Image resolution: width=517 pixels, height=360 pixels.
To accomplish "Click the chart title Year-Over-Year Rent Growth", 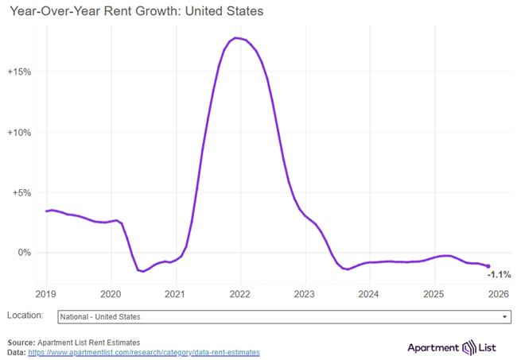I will (136, 12).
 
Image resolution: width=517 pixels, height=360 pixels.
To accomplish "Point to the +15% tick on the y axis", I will (19, 72).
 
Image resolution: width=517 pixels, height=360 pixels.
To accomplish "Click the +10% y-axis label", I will (19, 132).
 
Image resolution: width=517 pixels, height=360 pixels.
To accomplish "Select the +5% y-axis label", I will (21, 192).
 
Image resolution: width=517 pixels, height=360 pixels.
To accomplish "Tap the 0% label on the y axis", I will (24, 253).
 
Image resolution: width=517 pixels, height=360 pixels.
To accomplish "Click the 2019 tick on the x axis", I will (46, 293).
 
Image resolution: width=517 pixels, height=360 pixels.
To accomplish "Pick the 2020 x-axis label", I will (111, 293).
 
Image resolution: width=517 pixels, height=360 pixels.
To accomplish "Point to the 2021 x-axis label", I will (175, 293).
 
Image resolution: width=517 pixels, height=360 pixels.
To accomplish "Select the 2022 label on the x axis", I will (239, 293).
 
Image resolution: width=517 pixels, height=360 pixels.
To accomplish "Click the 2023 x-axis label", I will (305, 293).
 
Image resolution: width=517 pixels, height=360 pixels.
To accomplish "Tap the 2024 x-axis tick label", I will (369, 293).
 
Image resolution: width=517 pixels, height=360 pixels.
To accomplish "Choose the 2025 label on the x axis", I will (433, 293).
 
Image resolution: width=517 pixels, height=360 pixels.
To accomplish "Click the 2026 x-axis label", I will (498, 293).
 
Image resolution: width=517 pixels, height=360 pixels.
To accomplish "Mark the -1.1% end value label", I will (499, 274).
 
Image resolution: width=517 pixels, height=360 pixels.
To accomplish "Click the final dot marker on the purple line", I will (488, 266).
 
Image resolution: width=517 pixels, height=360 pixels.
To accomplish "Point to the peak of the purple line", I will (236, 38).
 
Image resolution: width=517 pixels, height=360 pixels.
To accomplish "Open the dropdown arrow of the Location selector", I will (505, 316).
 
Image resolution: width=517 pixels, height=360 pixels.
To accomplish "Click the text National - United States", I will (100, 316).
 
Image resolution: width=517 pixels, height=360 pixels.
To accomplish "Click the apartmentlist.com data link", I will (144, 352).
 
